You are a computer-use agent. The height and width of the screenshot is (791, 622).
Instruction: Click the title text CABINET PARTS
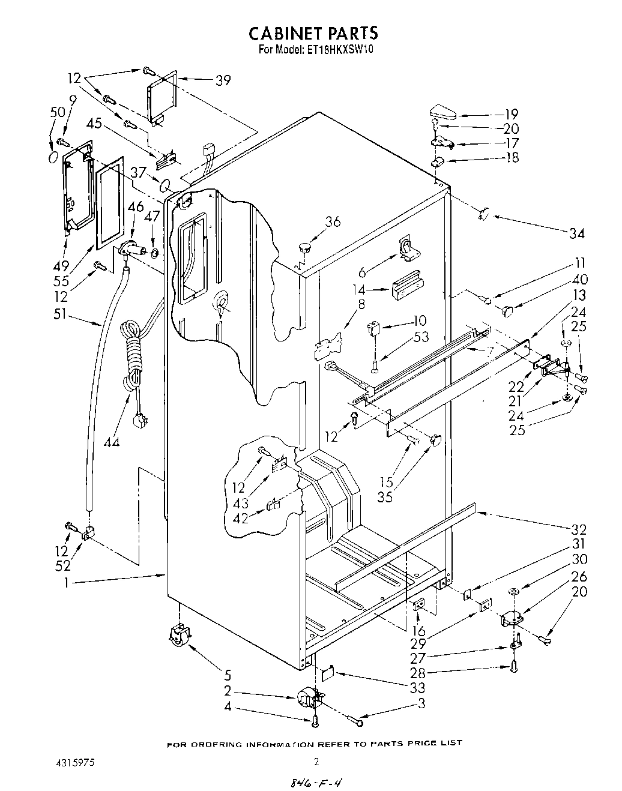pyautogui.click(x=314, y=33)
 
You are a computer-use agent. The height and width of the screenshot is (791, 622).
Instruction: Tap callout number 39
pyautogui.click(x=223, y=80)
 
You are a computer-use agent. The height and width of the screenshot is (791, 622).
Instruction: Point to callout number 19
pyautogui.click(x=511, y=114)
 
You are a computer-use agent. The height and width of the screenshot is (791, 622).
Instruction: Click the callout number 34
pyautogui.click(x=576, y=233)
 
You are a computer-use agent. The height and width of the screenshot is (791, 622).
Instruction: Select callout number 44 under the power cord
pyautogui.click(x=111, y=443)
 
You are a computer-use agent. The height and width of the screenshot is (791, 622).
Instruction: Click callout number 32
pyautogui.click(x=579, y=529)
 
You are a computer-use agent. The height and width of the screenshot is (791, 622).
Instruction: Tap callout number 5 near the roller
pyautogui.click(x=228, y=675)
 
